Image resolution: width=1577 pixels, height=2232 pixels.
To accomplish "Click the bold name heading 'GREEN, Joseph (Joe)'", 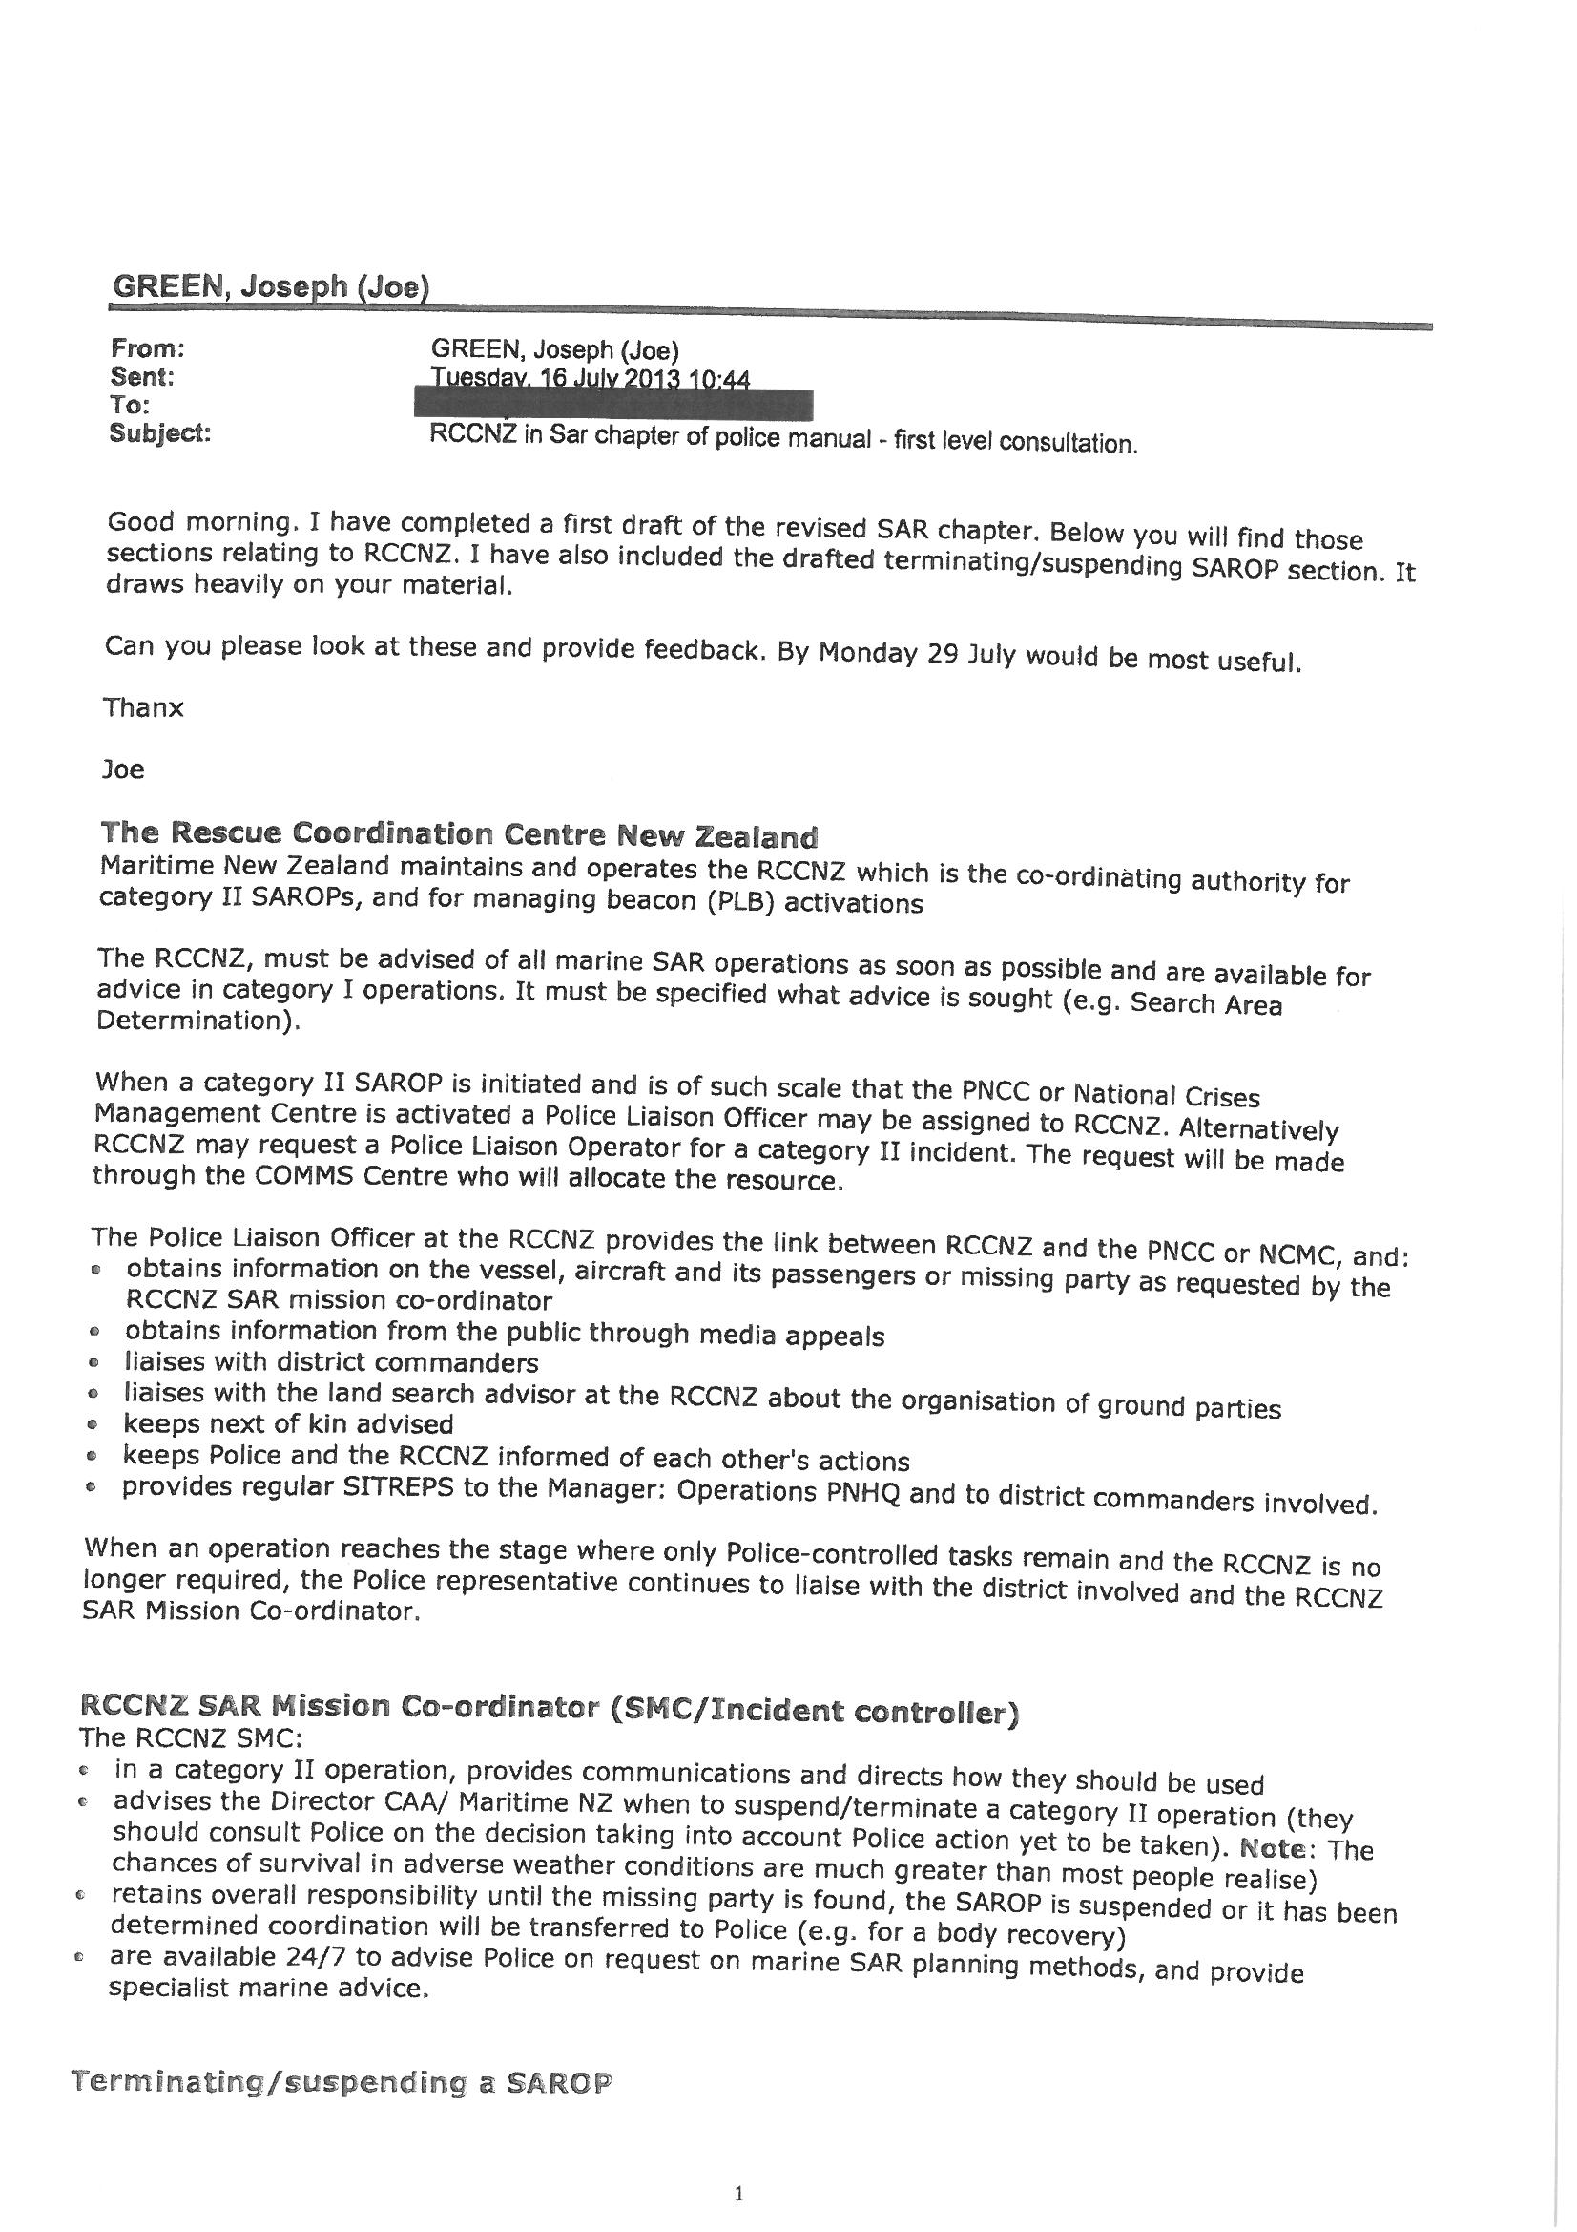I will [x=270, y=286].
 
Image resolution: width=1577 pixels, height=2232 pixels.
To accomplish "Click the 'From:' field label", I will [x=148, y=348].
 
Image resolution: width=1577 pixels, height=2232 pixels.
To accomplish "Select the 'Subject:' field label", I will [x=160, y=433].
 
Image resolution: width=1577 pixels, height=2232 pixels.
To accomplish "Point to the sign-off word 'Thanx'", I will [x=144, y=707].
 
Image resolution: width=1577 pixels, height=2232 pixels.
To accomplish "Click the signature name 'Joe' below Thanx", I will [x=123, y=769].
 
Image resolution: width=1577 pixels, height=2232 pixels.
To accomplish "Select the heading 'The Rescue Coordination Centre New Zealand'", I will [x=459, y=835].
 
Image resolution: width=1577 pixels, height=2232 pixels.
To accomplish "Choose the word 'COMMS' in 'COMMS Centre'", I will [x=307, y=1177].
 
